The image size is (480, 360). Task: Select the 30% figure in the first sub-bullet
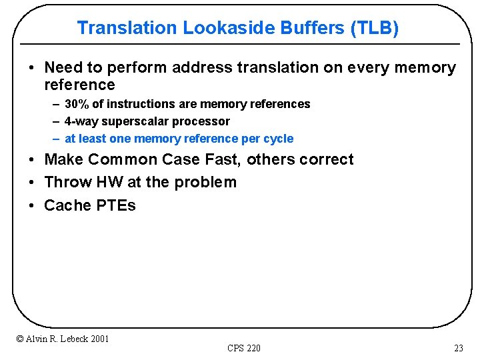77,104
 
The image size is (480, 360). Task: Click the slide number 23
458,348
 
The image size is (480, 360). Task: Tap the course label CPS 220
244,348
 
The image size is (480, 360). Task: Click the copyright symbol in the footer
19,339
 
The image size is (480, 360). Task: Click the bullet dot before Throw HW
31,183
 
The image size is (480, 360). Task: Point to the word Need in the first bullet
63,68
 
